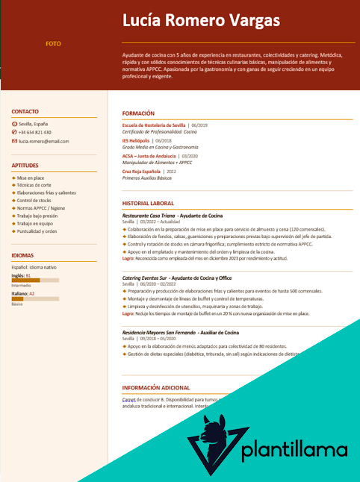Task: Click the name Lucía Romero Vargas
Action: click(x=201, y=20)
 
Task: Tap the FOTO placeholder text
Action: click(x=53, y=44)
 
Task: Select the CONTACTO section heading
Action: click(x=25, y=111)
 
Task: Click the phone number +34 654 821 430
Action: click(x=35, y=132)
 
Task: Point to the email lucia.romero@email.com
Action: click(x=44, y=141)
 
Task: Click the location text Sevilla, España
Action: click(x=34, y=123)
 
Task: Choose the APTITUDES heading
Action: click(x=26, y=165)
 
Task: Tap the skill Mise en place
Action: click(x=31, y=178)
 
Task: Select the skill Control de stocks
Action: click(x=34, y=201)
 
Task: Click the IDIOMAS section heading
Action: click(x=23, y=254)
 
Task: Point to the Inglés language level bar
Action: click(x=35, y=280)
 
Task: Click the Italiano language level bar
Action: click(x=35, y=299)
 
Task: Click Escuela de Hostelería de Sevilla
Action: click(x=154, y=125)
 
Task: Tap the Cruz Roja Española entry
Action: click(x=141, y=172)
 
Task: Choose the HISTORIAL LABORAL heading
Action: click(x=148, y=203)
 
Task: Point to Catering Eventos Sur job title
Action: click(x=144, y=278)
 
